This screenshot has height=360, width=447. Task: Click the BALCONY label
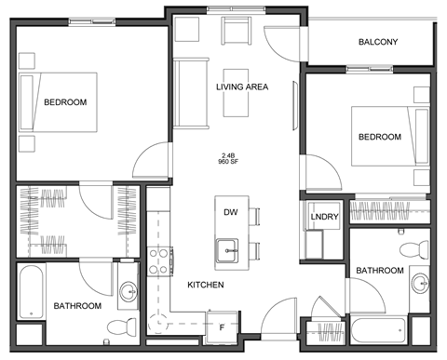(x=378, y=42)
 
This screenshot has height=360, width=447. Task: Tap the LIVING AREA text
(x=242, y=87)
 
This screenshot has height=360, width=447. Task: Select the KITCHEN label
(x=205, y=285)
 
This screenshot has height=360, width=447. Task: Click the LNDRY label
(x=324, y=217)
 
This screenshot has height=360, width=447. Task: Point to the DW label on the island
(x=230, y=212)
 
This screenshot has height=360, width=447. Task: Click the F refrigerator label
(x=221, y=327)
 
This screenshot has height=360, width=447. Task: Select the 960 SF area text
(x=229, y=161)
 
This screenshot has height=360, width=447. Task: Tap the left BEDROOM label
(x=65, y=101)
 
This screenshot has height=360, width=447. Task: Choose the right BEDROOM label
(x=379, y=137)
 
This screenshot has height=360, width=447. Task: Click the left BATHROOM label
(x=76, y=305)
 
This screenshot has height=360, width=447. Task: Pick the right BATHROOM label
(x=379, y=271)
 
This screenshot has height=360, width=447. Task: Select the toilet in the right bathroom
(x=408, y=249)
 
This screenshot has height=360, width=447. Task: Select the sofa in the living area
(x=191, y=93)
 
